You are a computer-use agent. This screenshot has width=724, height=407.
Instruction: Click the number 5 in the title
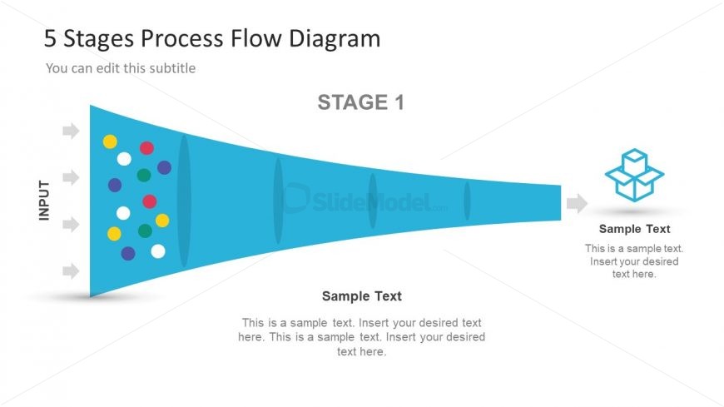[49, 38]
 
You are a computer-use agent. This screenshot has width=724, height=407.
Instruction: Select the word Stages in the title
[97, 39]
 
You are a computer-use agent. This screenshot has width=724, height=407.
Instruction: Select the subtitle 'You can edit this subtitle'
[121, 68]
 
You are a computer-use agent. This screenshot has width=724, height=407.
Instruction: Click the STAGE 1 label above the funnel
[360, 102]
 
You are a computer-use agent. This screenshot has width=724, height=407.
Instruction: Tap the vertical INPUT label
[44, 200]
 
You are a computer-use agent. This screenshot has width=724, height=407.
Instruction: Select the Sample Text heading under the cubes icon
[634, 229]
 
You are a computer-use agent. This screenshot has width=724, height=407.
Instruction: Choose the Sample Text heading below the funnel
[361, 295]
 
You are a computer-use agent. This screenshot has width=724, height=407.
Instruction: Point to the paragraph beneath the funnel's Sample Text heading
[361, 336]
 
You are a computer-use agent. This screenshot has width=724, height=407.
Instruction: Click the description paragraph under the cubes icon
[634, 261]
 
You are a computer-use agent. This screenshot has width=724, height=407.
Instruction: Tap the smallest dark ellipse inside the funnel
[467, 201]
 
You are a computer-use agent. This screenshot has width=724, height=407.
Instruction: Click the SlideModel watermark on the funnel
[366, 201]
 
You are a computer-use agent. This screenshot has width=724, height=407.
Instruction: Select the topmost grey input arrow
[71, 131]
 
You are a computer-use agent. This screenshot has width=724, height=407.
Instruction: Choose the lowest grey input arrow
[71, 271]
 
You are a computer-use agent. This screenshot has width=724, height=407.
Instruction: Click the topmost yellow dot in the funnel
[110, 141]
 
